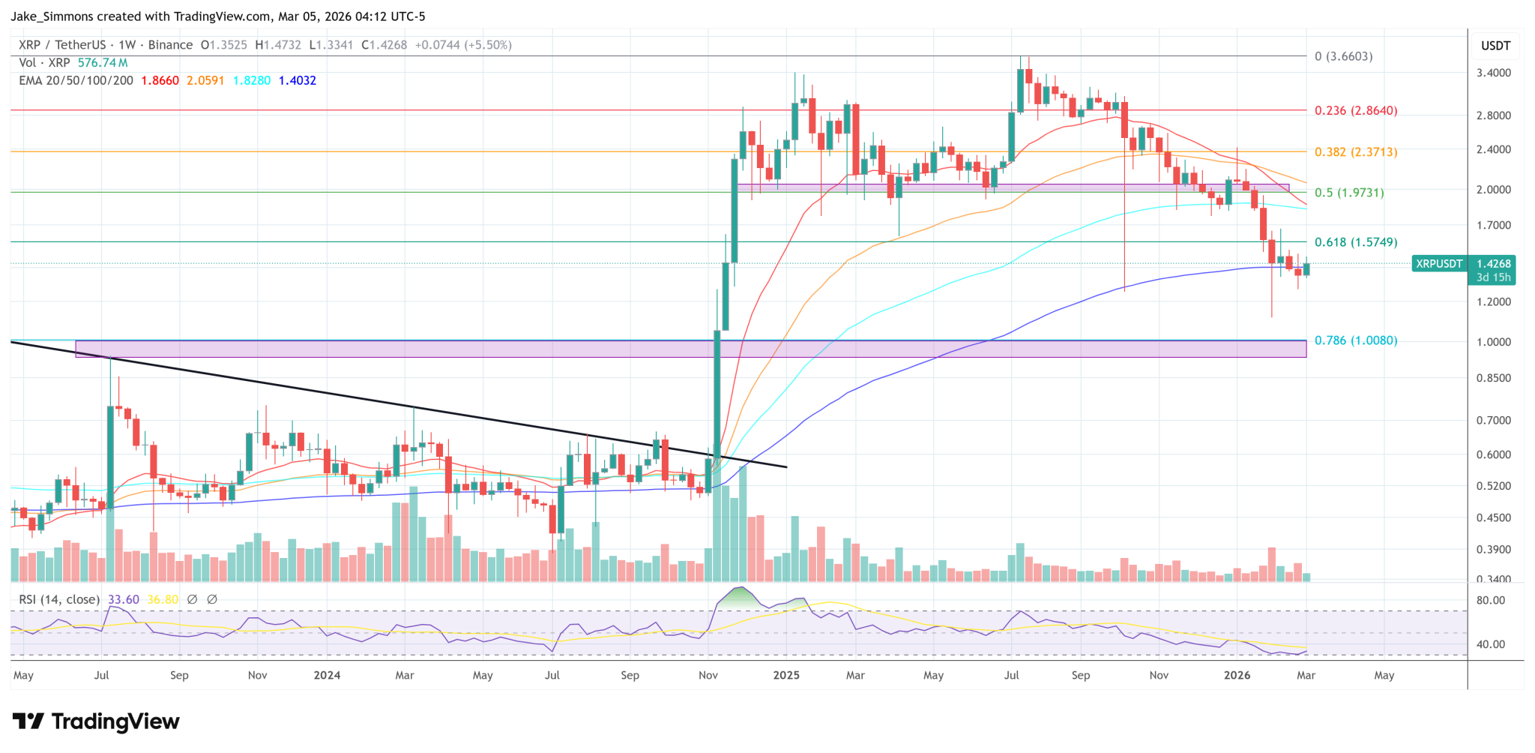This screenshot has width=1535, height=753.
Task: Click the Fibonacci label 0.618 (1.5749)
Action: tap(1355, 242)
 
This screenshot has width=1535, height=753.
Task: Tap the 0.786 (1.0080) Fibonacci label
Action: tap(1355, 340)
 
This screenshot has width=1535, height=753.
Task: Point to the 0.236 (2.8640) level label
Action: tap(1355, 111)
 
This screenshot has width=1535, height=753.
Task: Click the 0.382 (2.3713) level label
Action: tap(1355, 152)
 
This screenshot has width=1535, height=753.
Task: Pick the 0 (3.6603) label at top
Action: tap(1343, 56)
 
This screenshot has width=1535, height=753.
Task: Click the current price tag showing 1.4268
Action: tap(1493, 264)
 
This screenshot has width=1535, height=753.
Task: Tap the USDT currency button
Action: tap(1495, 46)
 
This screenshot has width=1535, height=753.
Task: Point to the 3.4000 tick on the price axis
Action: tap(1493, 73)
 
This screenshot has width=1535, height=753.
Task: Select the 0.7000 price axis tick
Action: tap(1493, 421)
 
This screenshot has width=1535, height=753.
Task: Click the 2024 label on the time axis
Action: tap(327, 675)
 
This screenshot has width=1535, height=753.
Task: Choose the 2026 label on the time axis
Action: tap(1237, 675)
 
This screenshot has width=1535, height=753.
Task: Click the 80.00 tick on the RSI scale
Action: tap(1490, 601)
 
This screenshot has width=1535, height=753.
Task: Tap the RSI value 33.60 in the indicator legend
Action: tap(124, 600)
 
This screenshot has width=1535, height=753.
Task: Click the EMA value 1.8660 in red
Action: tap(160, 80)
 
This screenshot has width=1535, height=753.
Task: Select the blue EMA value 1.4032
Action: tap(297, 80)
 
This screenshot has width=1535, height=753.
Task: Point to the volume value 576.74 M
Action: tap(103, 63)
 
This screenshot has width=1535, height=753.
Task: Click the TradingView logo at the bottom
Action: tap(96, 721)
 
